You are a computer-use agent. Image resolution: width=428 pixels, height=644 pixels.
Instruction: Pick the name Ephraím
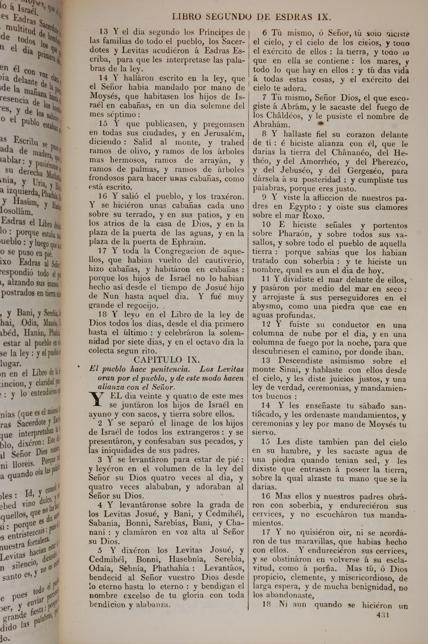188,242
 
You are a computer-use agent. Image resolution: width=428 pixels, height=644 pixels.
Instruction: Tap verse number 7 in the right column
264,97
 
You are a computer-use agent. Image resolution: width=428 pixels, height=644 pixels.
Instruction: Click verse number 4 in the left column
100,505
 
